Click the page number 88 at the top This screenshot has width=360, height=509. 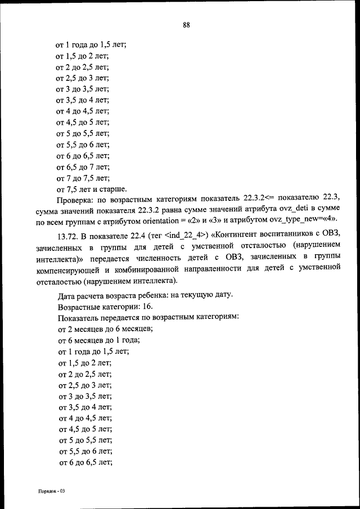click(186, 24)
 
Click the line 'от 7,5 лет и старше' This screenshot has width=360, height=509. click(91, 189)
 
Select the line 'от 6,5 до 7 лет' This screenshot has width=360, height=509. click(83, 167)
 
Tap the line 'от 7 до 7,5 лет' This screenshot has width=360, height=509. click(83, 178)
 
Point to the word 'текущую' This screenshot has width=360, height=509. click(193, 295)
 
